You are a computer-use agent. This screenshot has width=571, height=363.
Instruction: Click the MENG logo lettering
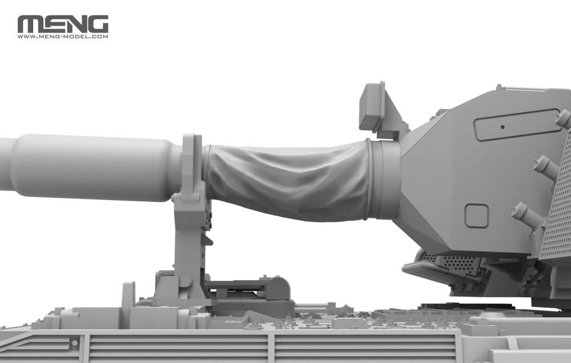tap(63, 24)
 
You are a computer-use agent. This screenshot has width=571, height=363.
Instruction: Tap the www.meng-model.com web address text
tap(63, 37)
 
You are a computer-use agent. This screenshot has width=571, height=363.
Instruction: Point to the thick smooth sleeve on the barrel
tap(91, 167)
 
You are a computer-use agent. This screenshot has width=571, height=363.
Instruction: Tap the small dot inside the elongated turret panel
tap(502, 127)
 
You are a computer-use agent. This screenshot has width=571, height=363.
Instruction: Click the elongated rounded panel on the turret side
tap(517, 125)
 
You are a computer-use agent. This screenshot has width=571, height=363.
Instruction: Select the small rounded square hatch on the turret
tap(476, 216)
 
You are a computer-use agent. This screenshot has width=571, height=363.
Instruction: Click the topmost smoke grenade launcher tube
tap(562, 118)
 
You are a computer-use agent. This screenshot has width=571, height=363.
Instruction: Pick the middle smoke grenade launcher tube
tap(545, 167)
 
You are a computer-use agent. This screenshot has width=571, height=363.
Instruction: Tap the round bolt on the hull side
tap(74, 343)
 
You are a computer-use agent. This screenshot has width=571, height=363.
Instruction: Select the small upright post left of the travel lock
tap(128, 294)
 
